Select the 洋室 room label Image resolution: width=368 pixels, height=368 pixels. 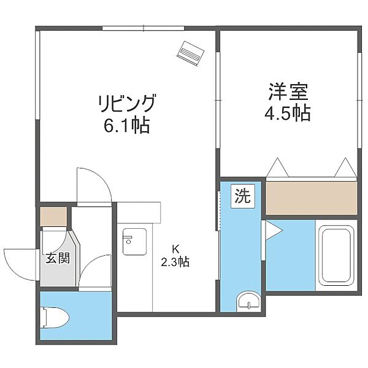point(288,92)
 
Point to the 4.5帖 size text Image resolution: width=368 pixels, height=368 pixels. point(288,113)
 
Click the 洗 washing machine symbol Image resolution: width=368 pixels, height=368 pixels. point(242,197)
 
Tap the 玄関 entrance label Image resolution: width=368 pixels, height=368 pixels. point(57,258)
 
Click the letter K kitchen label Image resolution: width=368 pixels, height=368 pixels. point(175,249)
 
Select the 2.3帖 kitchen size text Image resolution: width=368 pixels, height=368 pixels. point(175,262)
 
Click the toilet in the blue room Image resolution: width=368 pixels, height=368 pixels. point(55,317)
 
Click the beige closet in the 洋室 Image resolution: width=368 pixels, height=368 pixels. point(310,197)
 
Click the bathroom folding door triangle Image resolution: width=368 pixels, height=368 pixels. point(270,232)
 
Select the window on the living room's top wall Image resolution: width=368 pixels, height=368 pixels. point(143,28)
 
